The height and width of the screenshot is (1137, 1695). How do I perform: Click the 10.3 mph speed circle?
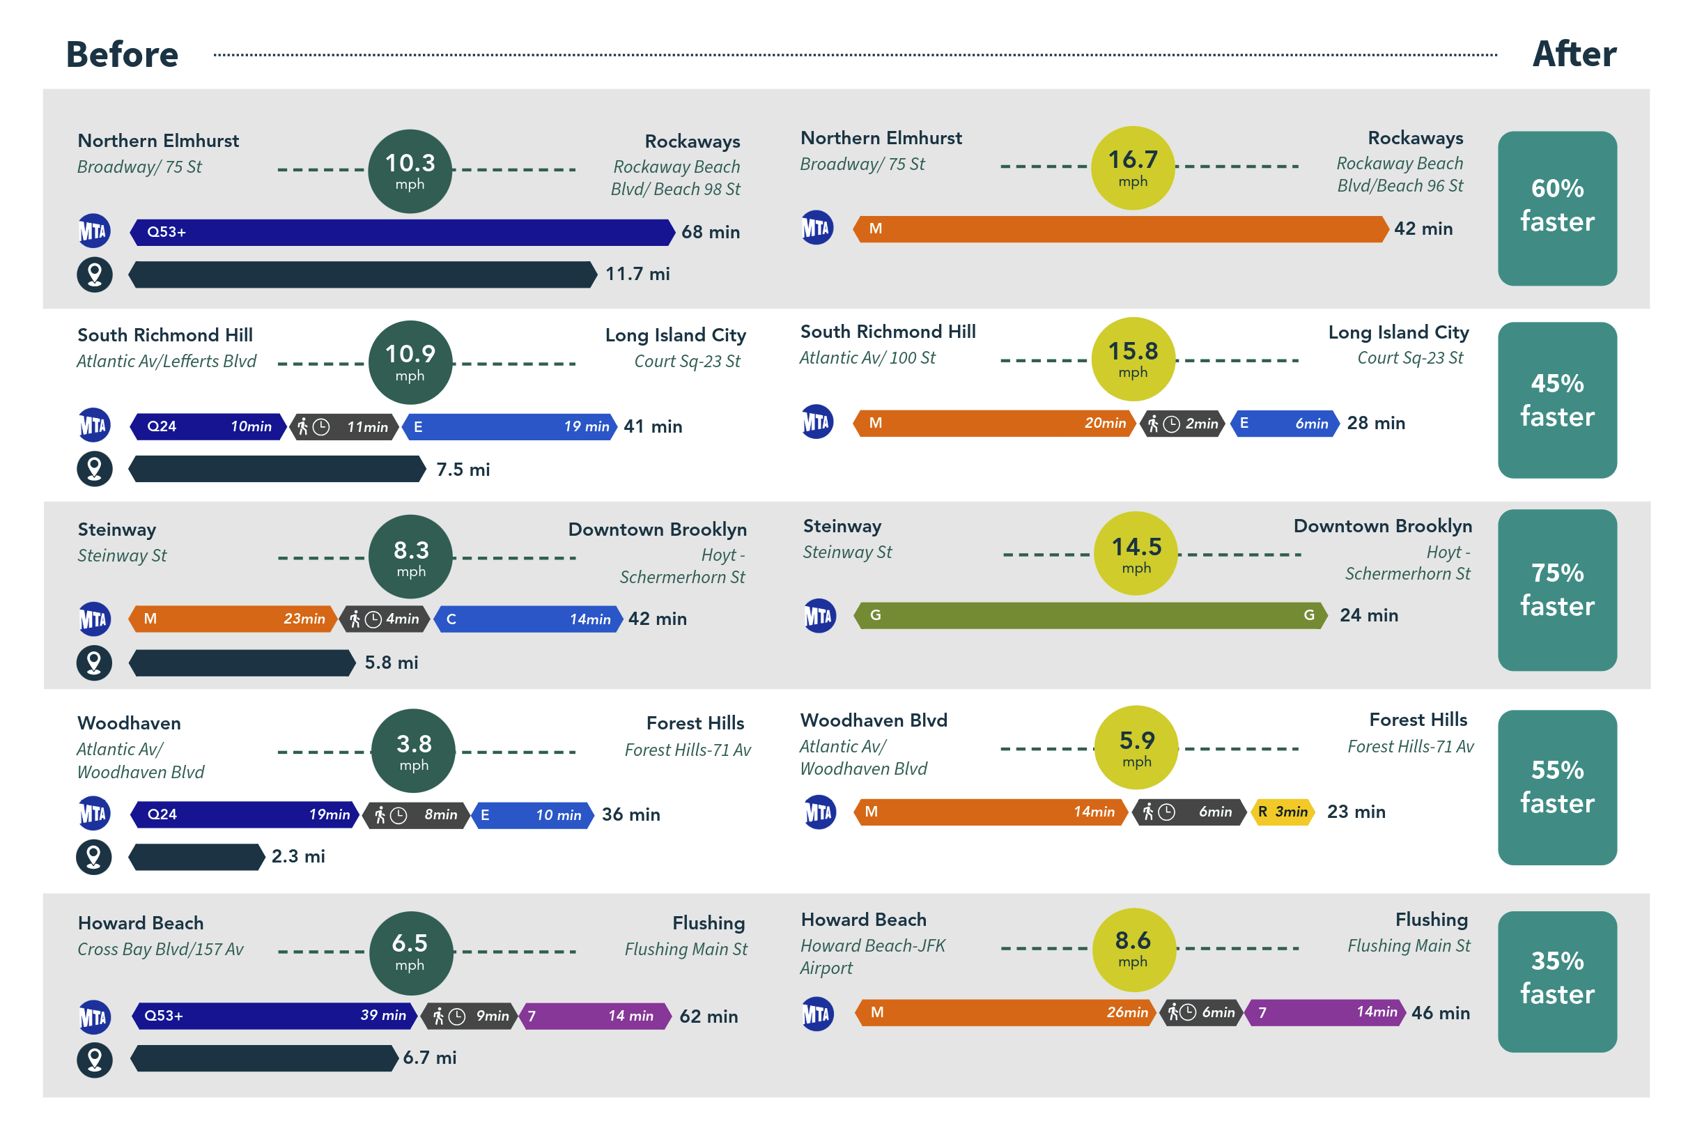(410, 171)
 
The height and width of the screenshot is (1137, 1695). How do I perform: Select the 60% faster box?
(1556, 208)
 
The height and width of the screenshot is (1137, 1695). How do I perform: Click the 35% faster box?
(1556, 981)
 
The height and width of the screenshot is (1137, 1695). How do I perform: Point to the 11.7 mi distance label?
(637, 274)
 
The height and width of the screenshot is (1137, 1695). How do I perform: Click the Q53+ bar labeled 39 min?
(274, 1015)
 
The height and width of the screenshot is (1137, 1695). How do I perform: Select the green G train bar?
(1090, 615)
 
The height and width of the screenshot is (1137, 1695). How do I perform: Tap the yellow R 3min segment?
(1283, 812)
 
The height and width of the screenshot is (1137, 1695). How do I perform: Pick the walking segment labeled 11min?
(344, 426)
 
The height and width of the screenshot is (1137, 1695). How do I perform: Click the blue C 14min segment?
(528, 619)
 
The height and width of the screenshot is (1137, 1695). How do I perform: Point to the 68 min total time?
(710, 232)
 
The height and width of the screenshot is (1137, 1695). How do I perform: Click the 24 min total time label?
(1368, 615)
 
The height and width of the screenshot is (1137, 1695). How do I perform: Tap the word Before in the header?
(122, 54)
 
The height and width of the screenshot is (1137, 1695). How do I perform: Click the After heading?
(1574, 54)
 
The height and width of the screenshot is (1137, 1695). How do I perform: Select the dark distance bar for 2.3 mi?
(196, 856)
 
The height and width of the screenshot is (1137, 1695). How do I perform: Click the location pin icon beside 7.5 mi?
(94, 468)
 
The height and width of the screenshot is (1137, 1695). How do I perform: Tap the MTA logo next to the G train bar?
(819, 616)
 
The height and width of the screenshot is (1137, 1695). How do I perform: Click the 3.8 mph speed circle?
(413, 750)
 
